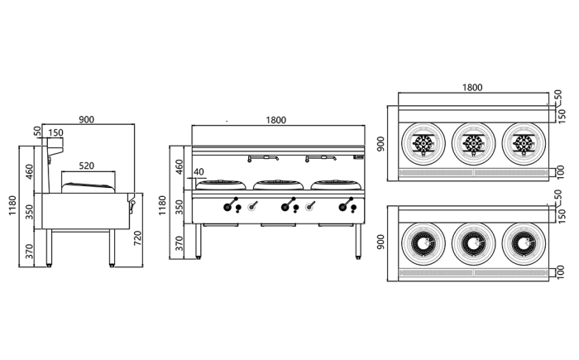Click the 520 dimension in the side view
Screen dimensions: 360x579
pos(86,165)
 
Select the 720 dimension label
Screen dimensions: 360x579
pos(138,238)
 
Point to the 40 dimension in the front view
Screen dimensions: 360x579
pos(198,172)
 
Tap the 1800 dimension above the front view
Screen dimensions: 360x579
pos(275,120)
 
